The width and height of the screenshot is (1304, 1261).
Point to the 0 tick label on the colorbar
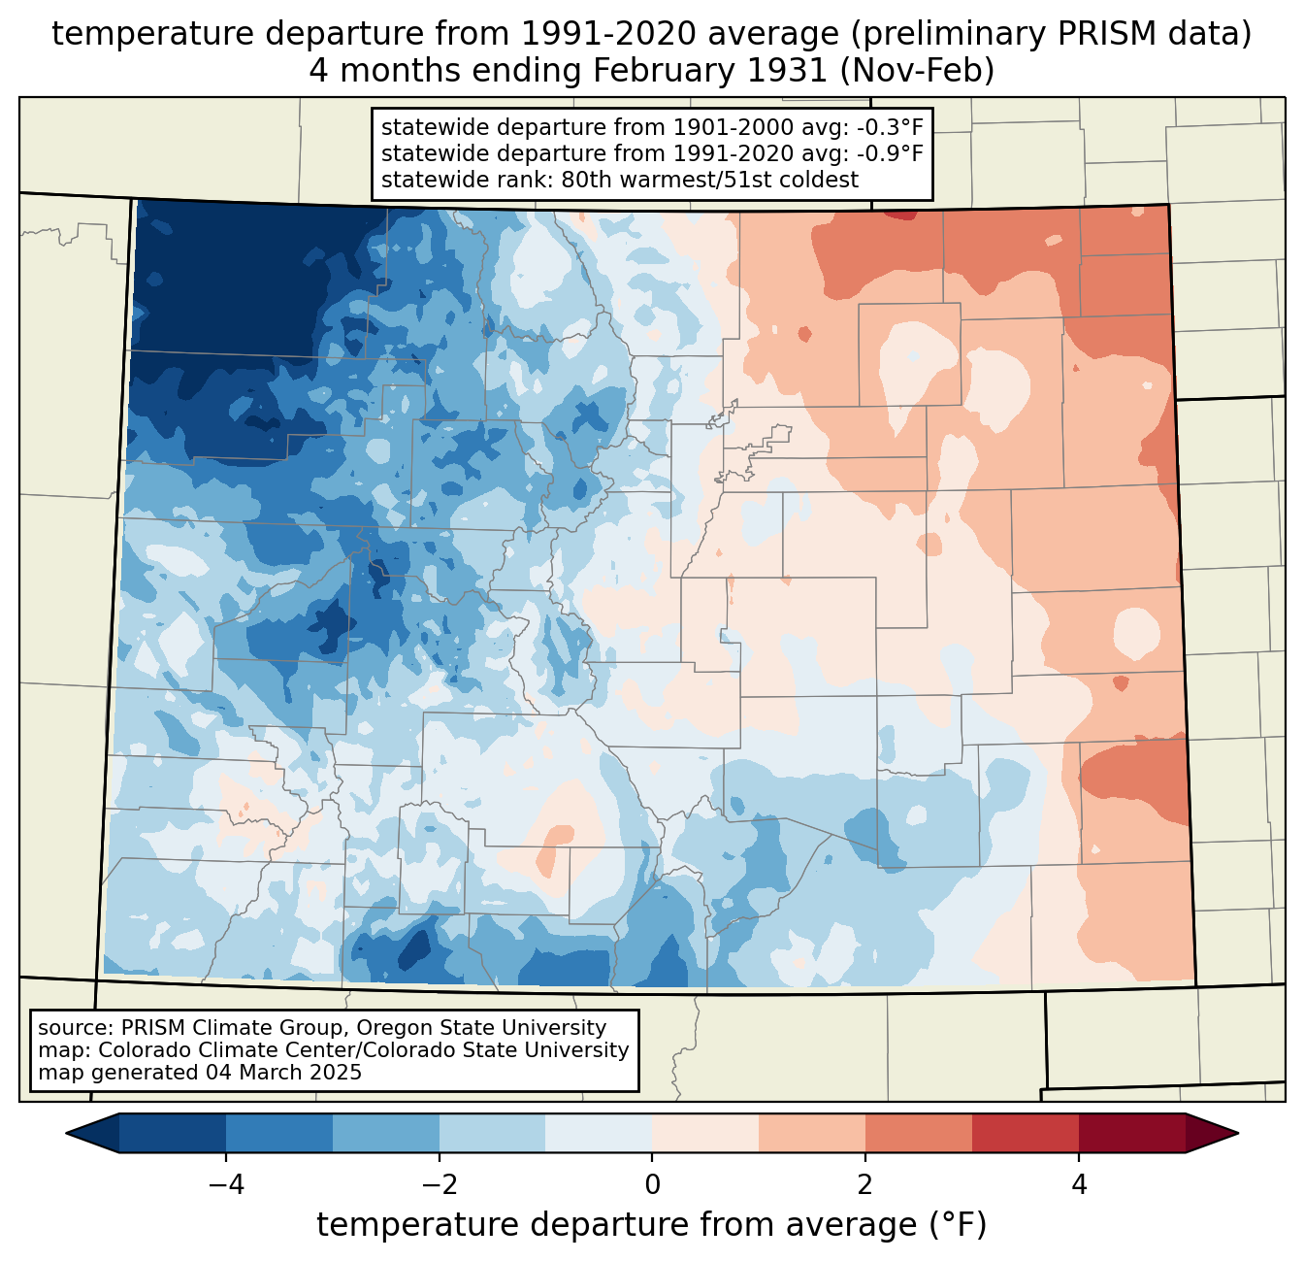click(x=652, y=1185)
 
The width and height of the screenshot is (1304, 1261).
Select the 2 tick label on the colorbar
click(x=865, y=1185)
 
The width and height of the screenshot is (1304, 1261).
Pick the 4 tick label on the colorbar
click(x=1079, y=1185)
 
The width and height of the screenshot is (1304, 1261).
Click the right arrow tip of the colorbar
click(x=1235, y=1133)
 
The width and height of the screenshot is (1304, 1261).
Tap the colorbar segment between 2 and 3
click(x=919, y=1133)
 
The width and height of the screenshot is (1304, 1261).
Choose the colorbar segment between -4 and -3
click(x=279, y=1133)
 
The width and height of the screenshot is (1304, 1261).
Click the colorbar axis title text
click(x=652, y=1225)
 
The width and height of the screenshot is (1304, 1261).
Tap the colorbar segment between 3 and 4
click(x=1026, y=1133)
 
